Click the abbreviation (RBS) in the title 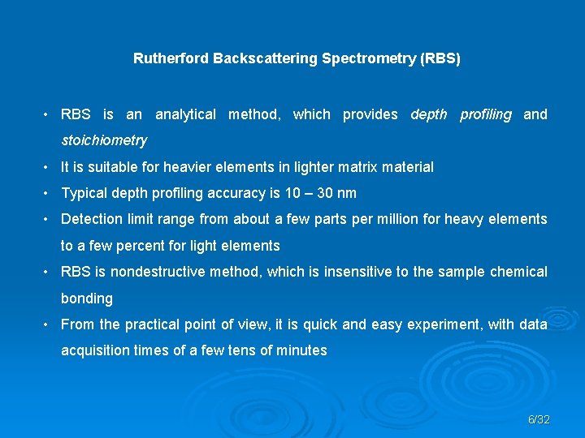[440, 59]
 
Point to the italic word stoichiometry [104, 141]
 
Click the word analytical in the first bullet [185, 115]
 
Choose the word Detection [91, 219]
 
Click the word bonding [87, 298]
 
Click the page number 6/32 [539, 420]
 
